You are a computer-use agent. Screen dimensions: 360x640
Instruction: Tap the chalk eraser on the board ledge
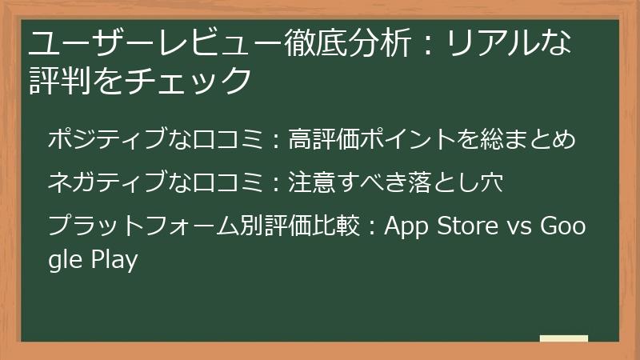tap(563, 338)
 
